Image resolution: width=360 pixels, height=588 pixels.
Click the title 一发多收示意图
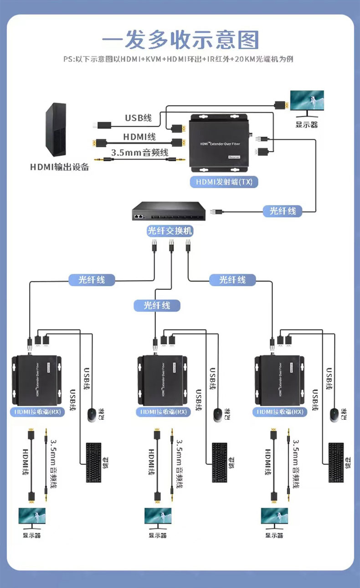[180, 40]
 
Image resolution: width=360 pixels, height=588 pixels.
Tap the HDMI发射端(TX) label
[224, 182]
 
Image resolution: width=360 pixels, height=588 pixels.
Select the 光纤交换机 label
[170, 231]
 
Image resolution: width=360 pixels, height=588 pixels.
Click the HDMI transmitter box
[220, 143]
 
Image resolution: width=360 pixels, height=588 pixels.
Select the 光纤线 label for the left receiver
[92, 279]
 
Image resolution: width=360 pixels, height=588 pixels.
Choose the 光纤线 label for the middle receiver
[157, 305]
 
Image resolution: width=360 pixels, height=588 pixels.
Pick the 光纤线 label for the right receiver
[232, 279]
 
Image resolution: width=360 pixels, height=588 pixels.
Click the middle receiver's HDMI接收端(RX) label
[162, 412]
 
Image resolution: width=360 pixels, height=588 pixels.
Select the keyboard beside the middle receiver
[219, 463]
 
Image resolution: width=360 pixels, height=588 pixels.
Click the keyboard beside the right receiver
[336, 463]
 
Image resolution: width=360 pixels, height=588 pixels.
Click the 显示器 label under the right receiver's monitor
[274, 535]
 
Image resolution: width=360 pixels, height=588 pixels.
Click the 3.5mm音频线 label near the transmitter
[140, 152]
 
